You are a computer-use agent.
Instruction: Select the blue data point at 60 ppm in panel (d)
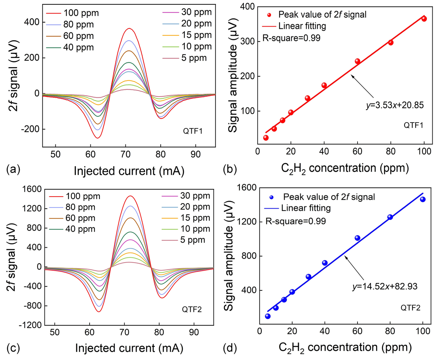357,238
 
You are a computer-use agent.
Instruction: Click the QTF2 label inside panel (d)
410,308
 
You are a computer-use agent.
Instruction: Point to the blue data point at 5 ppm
268,316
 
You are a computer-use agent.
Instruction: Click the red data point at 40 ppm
324,85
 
